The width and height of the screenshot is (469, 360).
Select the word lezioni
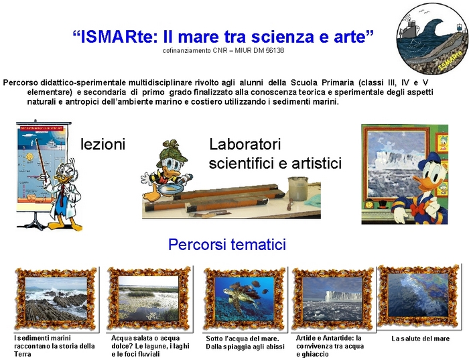(103, 144)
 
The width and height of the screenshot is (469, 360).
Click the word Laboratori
(245, 144)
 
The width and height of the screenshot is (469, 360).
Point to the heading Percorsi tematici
(227, 244)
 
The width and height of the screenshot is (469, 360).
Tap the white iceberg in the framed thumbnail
(342, 296)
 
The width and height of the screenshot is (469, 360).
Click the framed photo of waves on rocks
(56, 298)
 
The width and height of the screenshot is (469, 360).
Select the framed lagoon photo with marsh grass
(149, 298)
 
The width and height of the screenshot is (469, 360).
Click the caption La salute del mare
(421, 339)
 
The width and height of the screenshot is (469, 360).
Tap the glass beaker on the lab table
(298, 189)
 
